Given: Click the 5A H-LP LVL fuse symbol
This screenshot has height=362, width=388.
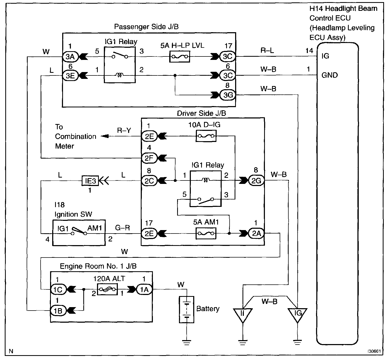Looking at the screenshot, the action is [180, 57].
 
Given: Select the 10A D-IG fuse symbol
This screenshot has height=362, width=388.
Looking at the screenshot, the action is [206, 136].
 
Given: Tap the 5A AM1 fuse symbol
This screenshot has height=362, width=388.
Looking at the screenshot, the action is [206, 233].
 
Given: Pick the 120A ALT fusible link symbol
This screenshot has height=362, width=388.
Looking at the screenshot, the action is [107, 289].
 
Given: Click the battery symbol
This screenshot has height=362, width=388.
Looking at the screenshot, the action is [187, 309].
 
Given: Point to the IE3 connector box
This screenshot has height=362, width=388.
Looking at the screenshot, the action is [90, 181].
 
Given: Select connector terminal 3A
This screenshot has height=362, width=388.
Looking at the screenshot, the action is [70, 57].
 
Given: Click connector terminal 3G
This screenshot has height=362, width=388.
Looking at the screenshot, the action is [228, 95].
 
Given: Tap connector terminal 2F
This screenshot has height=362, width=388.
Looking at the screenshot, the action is [149, 158].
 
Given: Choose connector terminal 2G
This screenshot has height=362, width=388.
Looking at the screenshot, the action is [256, 180].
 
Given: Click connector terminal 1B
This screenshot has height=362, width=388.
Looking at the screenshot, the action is [59, 311].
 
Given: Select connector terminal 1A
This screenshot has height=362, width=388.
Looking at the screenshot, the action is [144, 289].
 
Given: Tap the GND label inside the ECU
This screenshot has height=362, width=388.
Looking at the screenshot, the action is [329, 75].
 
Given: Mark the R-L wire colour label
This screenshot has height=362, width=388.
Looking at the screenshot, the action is [267, 50].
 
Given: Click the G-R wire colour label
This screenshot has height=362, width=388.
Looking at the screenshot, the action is [123, 228].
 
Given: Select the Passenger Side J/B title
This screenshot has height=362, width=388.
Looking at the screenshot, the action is [146, 27].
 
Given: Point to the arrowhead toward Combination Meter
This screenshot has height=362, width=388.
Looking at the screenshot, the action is [105, 136].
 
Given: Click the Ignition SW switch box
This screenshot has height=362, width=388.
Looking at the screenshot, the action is [79, 233].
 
